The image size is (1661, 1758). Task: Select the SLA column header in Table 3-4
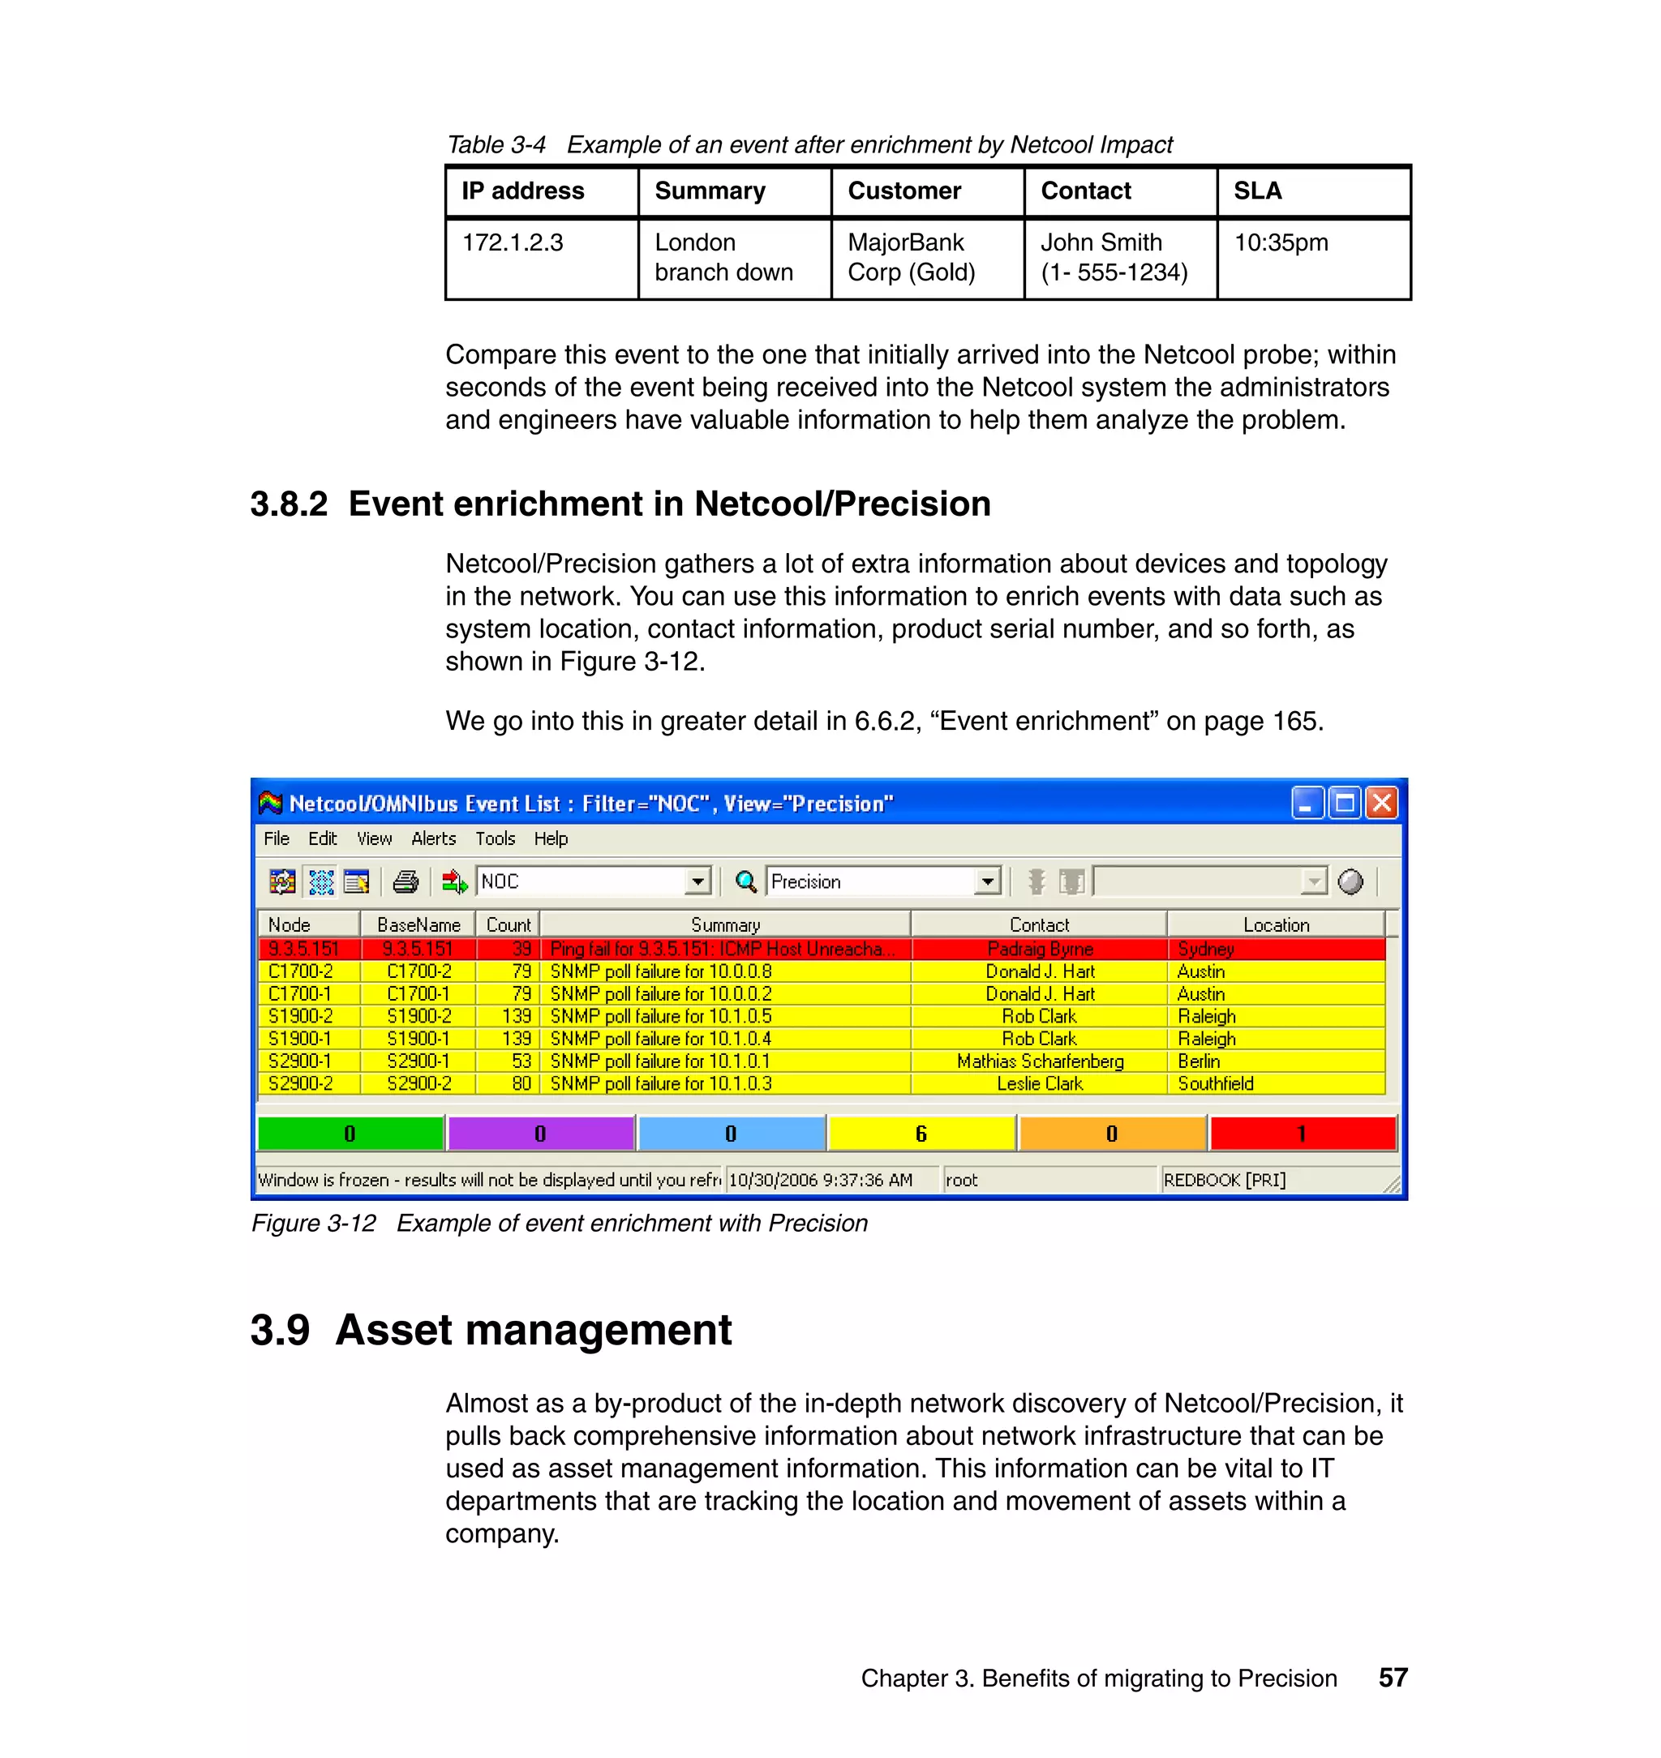[x=1257, y=191]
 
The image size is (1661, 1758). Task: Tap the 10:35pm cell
[x=1281, y=242]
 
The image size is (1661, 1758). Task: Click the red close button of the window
[x=1380, y=804]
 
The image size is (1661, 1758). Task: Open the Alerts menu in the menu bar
[x=433, y=838]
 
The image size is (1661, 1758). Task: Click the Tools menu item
[x=494, y=838]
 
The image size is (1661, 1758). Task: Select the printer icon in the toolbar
[x=406, y=881]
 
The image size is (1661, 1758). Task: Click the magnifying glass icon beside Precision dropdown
[x=745, y=881]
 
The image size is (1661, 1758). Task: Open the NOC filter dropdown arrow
[x=697, y=881]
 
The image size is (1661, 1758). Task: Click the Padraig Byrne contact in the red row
[x=1040, y=949]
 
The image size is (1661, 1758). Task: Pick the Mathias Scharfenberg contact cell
[x=1040, y=1061]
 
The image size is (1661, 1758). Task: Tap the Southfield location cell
[x=1215, y=1083]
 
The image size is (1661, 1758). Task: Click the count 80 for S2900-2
[x=521, y=1083]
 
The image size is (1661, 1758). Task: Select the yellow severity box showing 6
[x=921, y=1134]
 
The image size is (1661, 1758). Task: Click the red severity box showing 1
[x=1302, y=1134]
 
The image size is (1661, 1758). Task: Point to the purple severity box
[x=540, y=1134]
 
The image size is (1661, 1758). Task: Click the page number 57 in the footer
[x=1393, y=1678]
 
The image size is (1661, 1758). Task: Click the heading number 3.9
[x=280, y=1331]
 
